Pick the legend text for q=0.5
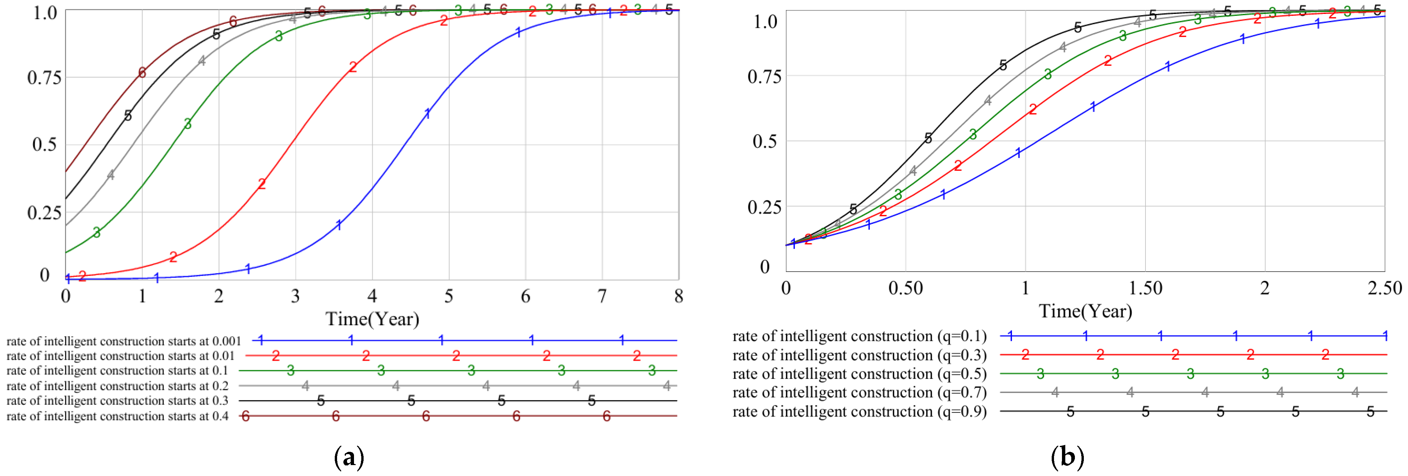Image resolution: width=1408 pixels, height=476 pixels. pos(859,374)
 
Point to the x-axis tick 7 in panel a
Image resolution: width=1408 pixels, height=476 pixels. pos(602,296)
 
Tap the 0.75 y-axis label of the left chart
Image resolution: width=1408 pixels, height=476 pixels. pos(44,78)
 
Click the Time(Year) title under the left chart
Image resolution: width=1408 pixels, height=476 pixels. pos(372,319)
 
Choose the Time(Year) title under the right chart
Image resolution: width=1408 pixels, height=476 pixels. pos(1085,311)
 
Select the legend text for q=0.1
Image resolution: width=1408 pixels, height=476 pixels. pos(859,337)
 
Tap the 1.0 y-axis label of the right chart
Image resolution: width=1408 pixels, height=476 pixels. pos(765,22)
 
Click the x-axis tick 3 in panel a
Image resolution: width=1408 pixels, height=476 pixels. pos(295,296)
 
